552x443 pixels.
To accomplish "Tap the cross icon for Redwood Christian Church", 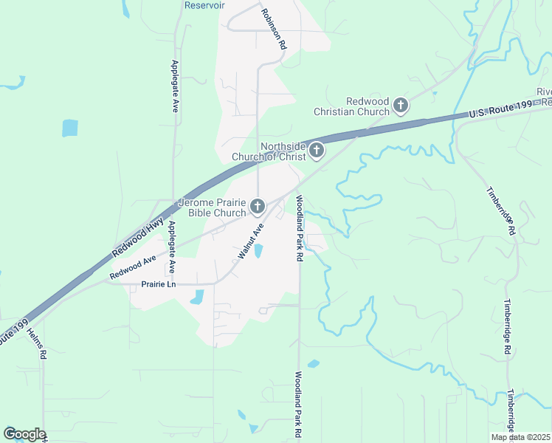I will (400, 106).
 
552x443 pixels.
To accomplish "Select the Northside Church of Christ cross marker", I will (316, 151).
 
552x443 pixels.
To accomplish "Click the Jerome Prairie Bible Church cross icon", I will (257, 207).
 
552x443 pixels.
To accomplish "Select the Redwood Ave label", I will (133, 267).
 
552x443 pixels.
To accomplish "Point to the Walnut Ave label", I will (250, 242).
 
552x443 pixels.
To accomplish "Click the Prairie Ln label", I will (160, 284).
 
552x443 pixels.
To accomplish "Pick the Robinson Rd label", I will (273, 28).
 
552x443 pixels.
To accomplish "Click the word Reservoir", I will (204, 5).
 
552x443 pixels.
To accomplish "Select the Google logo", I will (24, 434).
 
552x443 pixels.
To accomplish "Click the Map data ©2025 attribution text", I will (520, 437).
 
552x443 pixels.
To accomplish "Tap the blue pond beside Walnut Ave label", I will (258, 252).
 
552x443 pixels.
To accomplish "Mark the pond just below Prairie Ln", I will (197, 298).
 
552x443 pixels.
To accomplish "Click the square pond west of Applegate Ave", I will (69, 128).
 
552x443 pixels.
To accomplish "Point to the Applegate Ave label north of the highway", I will (175, 86).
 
